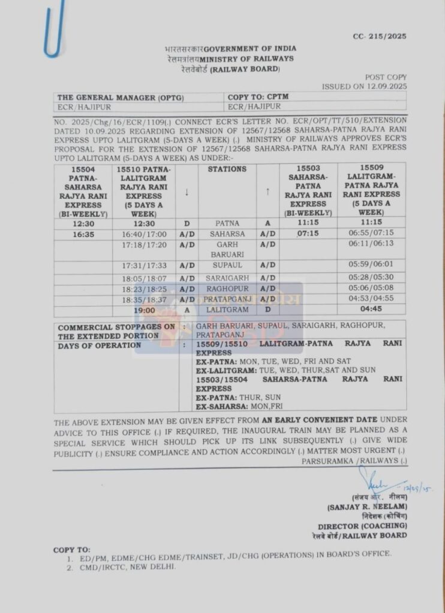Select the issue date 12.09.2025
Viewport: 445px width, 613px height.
coord(385,86)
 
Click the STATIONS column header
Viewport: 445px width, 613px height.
coord(227,169)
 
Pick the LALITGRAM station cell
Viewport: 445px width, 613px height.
coord(227,310)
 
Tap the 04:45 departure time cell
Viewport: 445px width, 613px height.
coord(371,310)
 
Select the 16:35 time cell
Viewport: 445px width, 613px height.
coord(83,234)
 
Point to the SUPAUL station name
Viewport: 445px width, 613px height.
coord(227,266)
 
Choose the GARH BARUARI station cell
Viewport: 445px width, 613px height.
coord(227,249)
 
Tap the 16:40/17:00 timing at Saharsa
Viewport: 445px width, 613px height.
coord(144,234)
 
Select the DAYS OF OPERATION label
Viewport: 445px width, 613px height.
coord(100,345)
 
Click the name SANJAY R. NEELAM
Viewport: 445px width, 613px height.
coord(368,506)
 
